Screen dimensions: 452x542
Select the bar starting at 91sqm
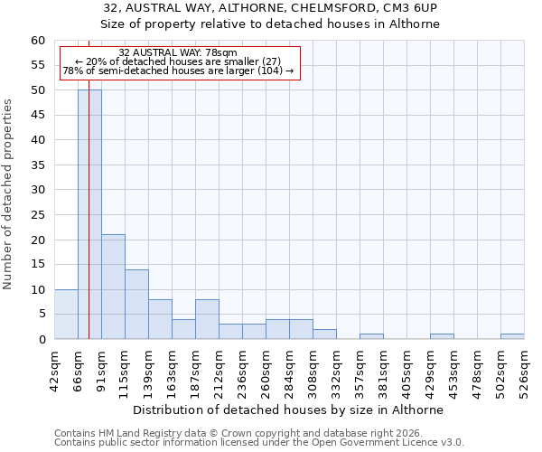113,287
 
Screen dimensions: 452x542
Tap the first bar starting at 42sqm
66,315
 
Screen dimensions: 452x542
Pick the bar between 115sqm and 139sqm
136,304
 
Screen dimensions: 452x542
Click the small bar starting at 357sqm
371,336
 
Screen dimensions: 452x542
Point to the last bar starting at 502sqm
512,336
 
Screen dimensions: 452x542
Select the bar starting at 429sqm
442,336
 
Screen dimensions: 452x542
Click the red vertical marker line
89,181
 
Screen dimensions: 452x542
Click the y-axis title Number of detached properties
8,193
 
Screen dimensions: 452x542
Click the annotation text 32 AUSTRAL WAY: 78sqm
178,53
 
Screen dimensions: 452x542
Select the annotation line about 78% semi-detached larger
178,71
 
